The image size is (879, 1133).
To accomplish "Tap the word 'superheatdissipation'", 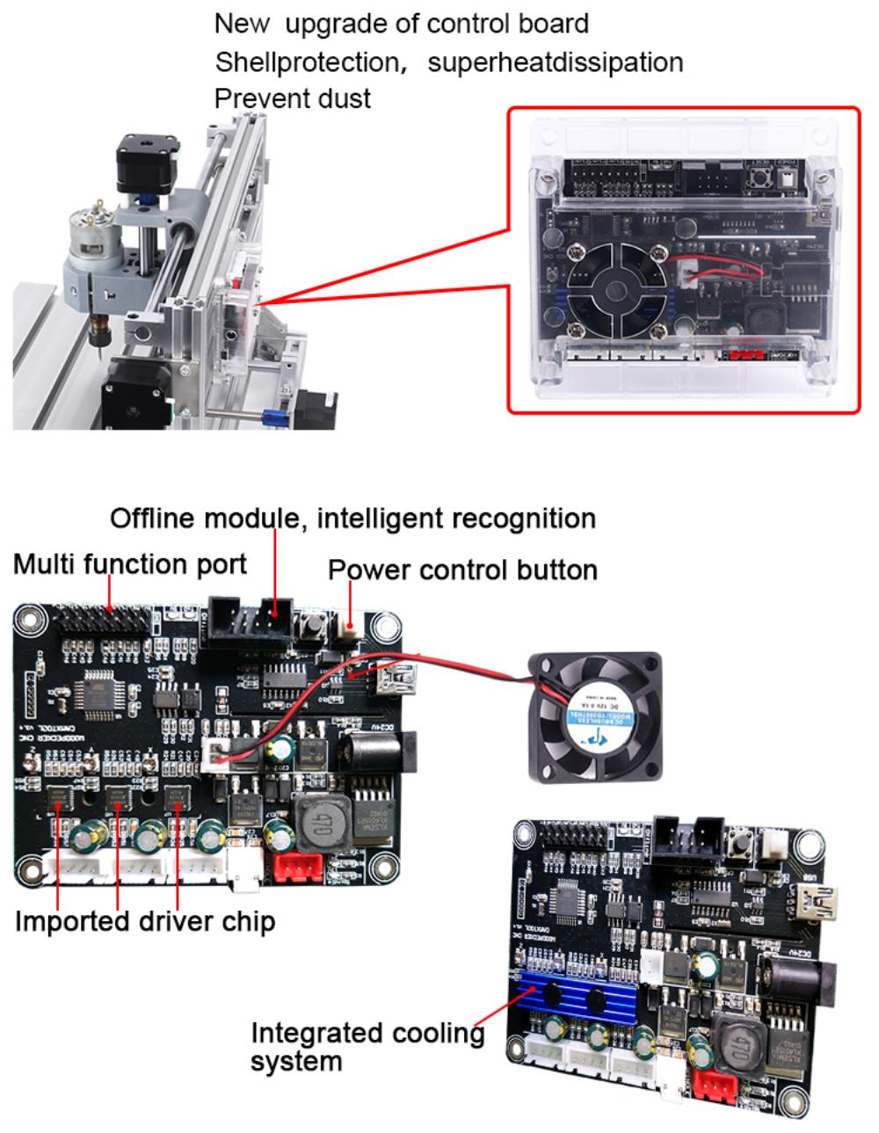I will tap(555, 62).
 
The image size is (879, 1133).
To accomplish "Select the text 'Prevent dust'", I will tap(292, 98).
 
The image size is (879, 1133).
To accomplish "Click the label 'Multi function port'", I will tap(130, 563).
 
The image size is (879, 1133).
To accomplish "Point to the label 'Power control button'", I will tap(462, 570).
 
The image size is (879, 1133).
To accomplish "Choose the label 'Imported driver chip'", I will tap(145, 921).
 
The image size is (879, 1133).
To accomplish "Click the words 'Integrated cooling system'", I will tap(367, 1046).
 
